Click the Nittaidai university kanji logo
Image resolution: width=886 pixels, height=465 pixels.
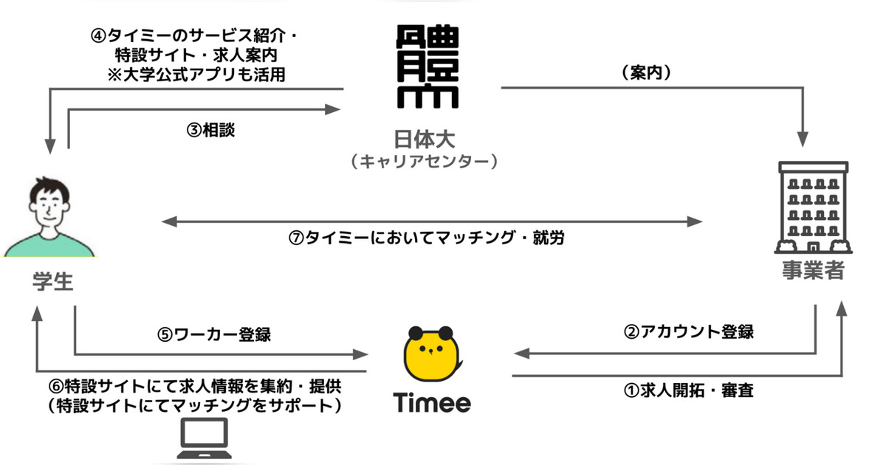[x=427, y=66]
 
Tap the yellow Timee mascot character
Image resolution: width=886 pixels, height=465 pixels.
[x=432, y=354]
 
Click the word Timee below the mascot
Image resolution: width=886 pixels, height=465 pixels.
[x=432, y=402]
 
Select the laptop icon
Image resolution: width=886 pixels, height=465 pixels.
[x=204, y=438]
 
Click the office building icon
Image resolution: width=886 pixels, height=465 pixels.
[x=813, y=207]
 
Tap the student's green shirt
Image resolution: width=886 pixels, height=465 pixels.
[x=49, y=245]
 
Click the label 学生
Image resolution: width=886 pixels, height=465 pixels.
[x=53, y=282]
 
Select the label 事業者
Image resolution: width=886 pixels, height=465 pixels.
[x=813, y=270]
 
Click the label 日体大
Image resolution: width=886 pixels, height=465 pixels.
[x=425, y=139]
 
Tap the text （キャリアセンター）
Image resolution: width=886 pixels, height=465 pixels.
[x=425, y=162]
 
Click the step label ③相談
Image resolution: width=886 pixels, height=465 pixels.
[x=211, y=130]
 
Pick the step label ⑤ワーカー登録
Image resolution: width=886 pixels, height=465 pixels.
[x=214, y=334]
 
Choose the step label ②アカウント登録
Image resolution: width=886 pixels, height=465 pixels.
[x=689, y=331]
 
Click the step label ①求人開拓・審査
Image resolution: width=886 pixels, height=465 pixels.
[x=689, y=390]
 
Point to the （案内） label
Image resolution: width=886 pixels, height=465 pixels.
[x=647, y=72]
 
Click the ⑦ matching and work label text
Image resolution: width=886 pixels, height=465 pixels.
[x=426, y=238]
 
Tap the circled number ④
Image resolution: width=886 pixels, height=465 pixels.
[x=98, y=36]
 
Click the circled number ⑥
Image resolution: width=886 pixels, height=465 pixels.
[x=56, y=386]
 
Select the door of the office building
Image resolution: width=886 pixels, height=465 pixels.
[x=813, y=248]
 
